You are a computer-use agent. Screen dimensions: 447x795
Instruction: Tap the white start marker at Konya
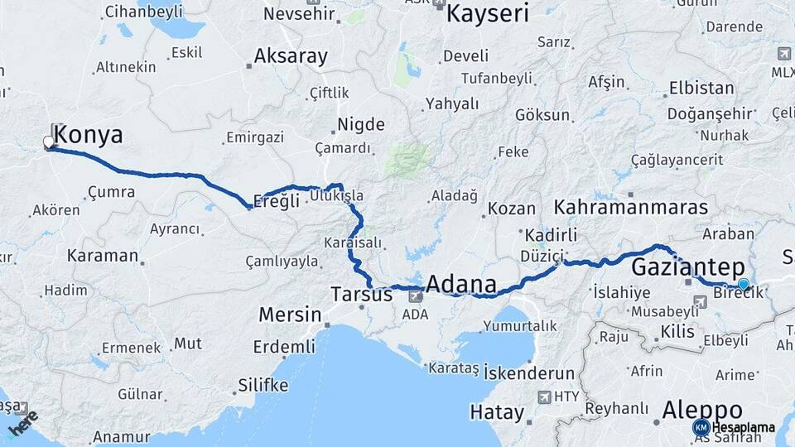click(x=48, y=142)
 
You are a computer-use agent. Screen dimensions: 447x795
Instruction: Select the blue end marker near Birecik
click(x=744, y=285)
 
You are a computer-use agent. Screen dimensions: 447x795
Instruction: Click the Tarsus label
click(x=361, y=294)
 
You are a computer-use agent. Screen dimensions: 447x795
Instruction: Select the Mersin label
click(x=290, y=315)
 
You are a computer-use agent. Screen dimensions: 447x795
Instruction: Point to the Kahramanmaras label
click(x=631, y=207)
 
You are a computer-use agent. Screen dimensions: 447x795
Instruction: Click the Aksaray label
click(x=291, y=56)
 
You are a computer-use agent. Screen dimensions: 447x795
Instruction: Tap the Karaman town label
click(x=102, y=255)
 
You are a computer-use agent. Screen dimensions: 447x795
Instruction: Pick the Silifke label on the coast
click(x=263, y=385)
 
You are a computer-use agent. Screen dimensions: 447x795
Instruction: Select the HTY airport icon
click(x=545, y=397)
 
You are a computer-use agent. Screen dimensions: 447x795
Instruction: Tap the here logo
click(x=22, y=423)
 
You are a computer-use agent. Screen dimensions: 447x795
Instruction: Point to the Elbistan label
click(x=701, y=88)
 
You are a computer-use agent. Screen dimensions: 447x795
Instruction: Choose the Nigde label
click(x=360, y=125)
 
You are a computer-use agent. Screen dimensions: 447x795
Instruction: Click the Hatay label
click(x=497, y=411)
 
